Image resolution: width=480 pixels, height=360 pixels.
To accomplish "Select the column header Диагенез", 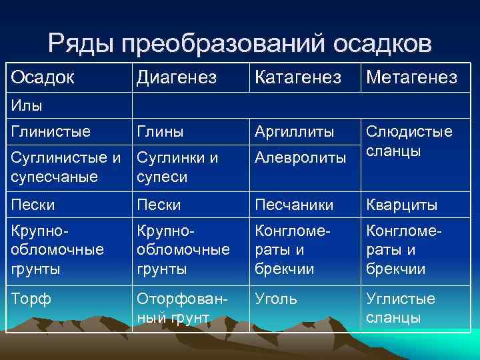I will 177,78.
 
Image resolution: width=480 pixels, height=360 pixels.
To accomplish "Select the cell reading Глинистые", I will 50,131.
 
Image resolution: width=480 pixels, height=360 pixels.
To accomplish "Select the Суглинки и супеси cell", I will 177,167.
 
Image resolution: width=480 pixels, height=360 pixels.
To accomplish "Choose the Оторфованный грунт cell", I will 179,308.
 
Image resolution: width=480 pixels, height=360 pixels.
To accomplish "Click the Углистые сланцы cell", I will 400,308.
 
